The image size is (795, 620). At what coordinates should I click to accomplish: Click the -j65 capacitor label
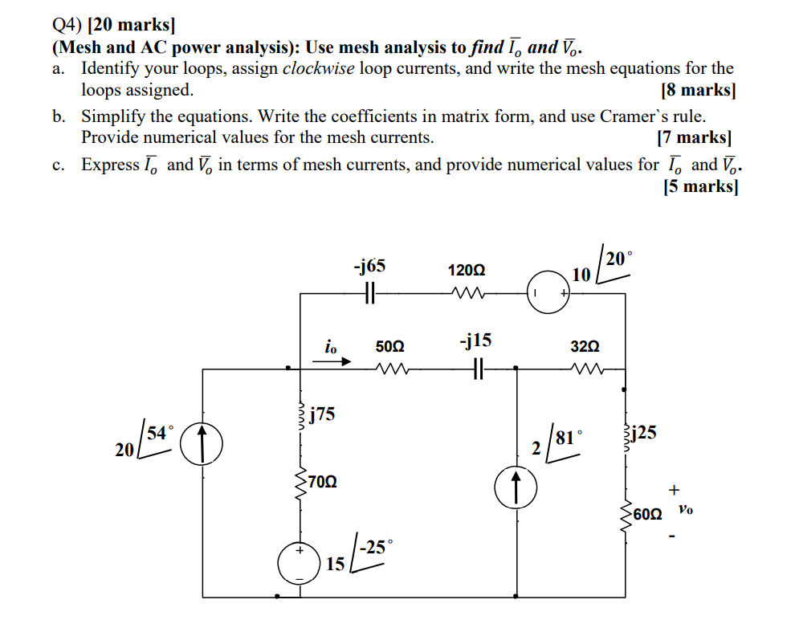369,267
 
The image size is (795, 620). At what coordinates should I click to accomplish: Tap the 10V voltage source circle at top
548,295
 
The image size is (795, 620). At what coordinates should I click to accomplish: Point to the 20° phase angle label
619,258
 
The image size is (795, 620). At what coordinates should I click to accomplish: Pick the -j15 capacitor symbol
478,369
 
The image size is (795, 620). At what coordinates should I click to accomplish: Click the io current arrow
332,361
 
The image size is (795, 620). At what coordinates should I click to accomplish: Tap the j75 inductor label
323,414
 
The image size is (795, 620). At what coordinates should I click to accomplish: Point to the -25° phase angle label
376,549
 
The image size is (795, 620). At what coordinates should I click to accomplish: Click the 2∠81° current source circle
515,489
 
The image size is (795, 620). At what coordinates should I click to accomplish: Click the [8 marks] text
697,90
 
